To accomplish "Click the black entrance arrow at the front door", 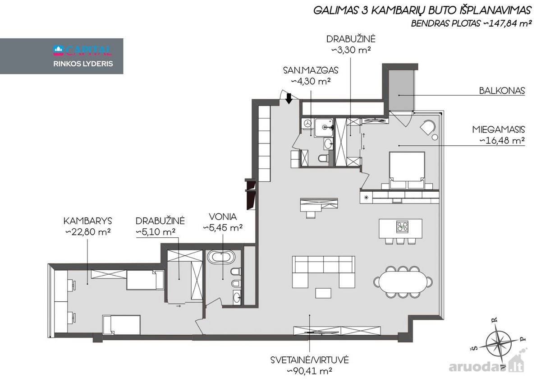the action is point(289,99).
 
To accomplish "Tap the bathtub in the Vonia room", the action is point(221,257).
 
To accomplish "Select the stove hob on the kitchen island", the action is point(402,227).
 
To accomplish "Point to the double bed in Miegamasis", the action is point(407,171).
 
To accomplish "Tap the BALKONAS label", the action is point(502,91).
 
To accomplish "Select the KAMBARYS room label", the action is point(87,221).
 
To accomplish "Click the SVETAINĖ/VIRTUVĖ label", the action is point(310,360).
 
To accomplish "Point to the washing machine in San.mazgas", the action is point(307,123).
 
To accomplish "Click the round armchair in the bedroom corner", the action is point(427,127).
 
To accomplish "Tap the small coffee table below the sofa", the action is point(323,293).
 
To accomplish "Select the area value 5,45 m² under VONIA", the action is point(223,228).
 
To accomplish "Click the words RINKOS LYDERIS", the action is point(83,64).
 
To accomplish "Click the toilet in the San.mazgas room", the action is point(323,158).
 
